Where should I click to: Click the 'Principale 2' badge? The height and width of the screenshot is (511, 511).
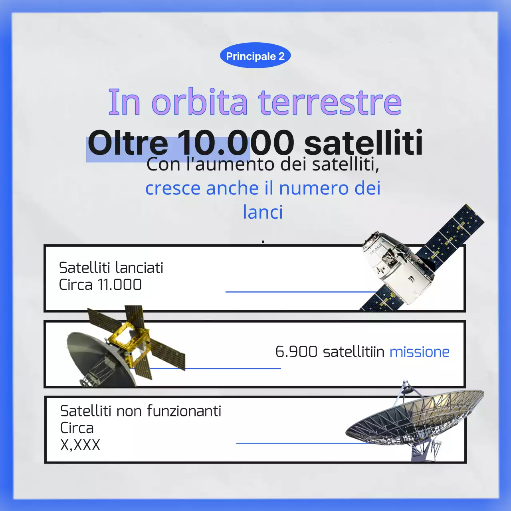255,56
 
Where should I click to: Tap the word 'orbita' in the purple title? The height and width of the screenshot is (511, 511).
200,102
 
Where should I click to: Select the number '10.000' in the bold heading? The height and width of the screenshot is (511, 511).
236,143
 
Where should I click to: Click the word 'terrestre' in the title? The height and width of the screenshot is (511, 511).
330,102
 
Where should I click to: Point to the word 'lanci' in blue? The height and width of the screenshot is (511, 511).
263,212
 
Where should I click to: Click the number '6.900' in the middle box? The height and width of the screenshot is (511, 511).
296,352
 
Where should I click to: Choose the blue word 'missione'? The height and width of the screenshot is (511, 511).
419,352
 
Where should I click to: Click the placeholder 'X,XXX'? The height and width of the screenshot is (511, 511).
80,445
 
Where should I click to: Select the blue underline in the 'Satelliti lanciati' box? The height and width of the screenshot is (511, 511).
295,292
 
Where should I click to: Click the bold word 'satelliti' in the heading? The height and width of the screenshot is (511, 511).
363,143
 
